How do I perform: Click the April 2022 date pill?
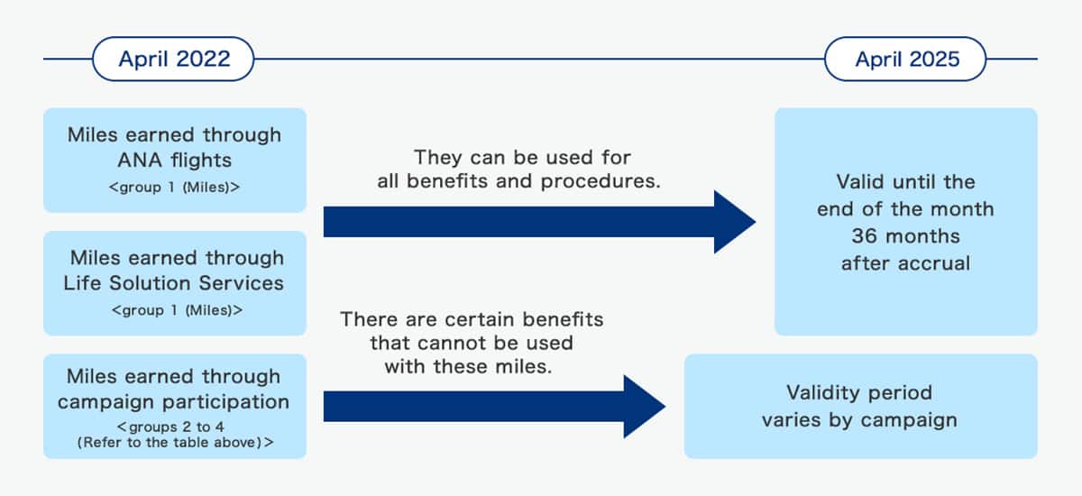click(x=174, y=60)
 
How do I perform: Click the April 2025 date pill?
click(x=905, y=60)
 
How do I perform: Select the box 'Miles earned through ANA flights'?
click(x=174, y=160)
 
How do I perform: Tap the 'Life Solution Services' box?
click(x=174, y=282)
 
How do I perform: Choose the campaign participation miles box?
click(x=174, y=405)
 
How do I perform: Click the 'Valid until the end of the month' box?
click(x=905, y=222)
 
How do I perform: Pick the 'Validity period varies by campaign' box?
click(x=859, y=406)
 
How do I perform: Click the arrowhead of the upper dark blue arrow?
click(x=732, y=222)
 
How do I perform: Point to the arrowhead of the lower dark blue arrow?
click(x=642, y=406)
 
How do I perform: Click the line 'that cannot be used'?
click(x=471, y=344)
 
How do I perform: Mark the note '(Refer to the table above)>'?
click(x=174, y=442)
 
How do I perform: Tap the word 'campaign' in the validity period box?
click(x=912, y=419)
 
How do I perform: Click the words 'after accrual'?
click(x=905, y=263)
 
